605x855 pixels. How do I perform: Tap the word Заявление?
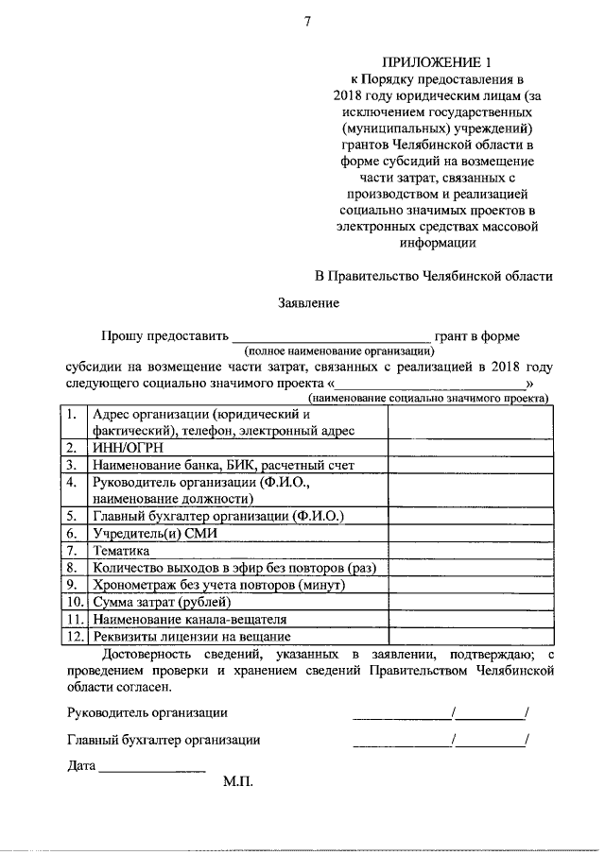(308, 303)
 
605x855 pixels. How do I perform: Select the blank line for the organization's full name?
(332, 337)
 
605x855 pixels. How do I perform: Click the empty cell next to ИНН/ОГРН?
(469, 448)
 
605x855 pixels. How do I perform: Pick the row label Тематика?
(121, 551)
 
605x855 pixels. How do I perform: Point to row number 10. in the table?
(74, 602)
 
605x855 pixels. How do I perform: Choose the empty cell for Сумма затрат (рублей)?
(469, 602)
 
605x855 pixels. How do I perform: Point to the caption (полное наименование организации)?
(332, 351)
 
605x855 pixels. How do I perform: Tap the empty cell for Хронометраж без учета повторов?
(469, 585)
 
